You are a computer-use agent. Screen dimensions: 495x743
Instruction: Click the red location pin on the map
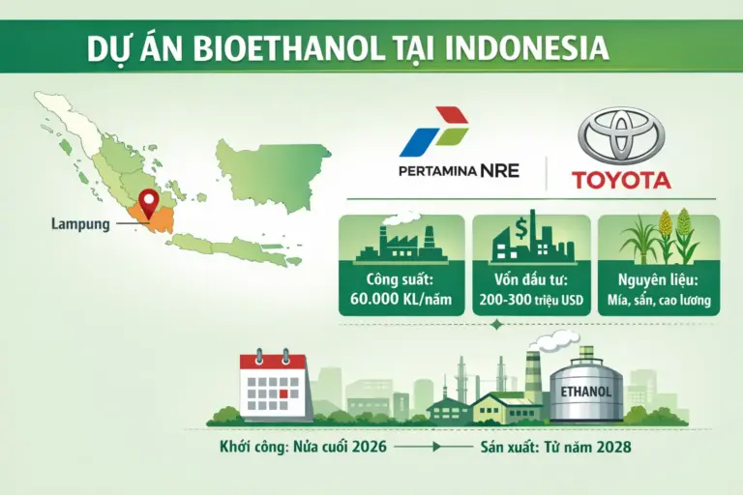click(148, 203)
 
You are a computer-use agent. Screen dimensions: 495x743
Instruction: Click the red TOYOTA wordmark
click(620, 180)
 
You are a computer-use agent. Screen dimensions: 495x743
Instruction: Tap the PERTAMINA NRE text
click(459, 171)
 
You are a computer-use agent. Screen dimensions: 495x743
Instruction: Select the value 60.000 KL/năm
click(401, 301)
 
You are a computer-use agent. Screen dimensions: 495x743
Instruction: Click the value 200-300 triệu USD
click(530, 301)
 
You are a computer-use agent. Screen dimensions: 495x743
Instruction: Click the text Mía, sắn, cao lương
click(659, 301)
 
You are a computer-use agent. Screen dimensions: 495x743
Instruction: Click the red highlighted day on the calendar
click(282, 393)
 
